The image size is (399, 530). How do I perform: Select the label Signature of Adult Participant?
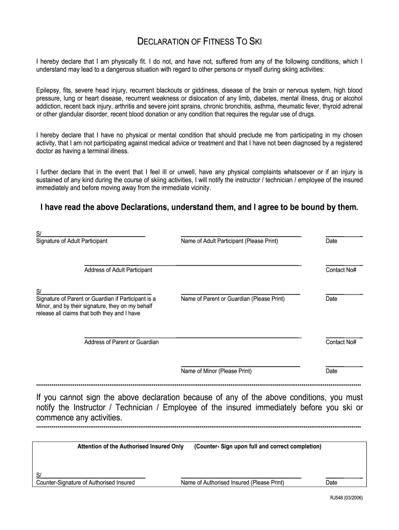tap(72, 241)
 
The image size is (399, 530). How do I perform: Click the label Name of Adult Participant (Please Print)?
tap(229, 241)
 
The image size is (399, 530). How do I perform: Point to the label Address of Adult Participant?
tap(118, 270)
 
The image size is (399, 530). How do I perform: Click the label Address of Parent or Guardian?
tap(121, 342)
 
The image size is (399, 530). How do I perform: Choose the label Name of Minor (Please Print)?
tap(216, 371)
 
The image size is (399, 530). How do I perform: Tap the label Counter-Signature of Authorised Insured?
tap(85, 483)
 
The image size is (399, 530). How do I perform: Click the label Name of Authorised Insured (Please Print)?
tap(232, 483)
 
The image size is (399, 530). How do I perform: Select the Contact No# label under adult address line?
tap(340, 270)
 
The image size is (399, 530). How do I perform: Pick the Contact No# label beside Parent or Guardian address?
tap(340, 342)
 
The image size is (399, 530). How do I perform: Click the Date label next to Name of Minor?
tap(331, 371)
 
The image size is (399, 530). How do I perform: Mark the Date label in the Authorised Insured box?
tap(331, 483)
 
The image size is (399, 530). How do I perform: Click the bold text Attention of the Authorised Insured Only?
tap(130, 446)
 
